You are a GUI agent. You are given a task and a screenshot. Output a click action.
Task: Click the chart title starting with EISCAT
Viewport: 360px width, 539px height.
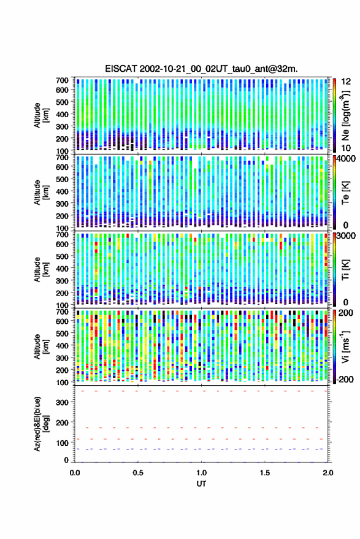201,69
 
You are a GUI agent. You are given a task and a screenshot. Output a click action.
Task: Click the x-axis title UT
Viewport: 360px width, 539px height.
202,484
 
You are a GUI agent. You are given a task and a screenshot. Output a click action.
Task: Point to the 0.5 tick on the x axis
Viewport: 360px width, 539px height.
138,473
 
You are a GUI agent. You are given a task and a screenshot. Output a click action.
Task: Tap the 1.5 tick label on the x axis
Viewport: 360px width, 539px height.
265,473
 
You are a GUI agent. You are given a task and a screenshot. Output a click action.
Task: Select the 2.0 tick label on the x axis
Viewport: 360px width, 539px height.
328,473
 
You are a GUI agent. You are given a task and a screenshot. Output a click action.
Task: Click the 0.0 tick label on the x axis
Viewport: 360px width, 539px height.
75,473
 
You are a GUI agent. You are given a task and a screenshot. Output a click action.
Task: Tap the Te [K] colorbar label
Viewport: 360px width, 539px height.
345,193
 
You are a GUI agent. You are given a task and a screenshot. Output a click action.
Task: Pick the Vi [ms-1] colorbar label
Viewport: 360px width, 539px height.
345,346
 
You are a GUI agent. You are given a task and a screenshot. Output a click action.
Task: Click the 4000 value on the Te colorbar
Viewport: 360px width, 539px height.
346,159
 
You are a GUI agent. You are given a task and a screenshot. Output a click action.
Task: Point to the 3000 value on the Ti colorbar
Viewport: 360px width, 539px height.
346,236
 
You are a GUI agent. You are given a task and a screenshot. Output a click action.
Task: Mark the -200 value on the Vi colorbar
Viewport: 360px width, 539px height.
345,379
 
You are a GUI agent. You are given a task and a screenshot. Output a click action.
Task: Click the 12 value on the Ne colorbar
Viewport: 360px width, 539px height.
347,82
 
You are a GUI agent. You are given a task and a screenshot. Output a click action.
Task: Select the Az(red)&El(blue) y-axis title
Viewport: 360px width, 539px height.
41,424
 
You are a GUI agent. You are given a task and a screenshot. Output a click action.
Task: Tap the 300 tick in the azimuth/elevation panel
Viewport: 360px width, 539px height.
62,402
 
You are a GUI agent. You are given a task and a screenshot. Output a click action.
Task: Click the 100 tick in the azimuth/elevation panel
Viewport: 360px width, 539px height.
62,443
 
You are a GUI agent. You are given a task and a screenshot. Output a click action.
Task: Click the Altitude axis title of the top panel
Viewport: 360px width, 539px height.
41,115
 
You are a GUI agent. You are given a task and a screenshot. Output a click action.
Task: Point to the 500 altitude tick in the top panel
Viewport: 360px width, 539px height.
62,102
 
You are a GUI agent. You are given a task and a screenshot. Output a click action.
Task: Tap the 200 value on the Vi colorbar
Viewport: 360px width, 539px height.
345,313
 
